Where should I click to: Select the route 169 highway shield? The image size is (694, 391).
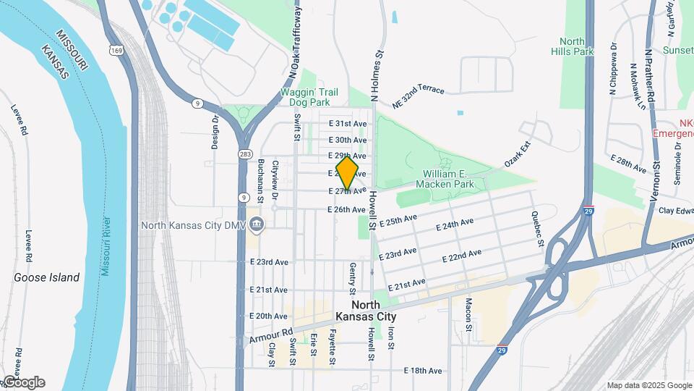116,50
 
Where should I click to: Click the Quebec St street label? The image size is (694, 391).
537,229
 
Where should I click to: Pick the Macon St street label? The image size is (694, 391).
468,313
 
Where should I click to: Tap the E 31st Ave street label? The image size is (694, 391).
348,124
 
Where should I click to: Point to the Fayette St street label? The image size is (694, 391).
333,347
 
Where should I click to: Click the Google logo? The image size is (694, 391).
24,382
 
